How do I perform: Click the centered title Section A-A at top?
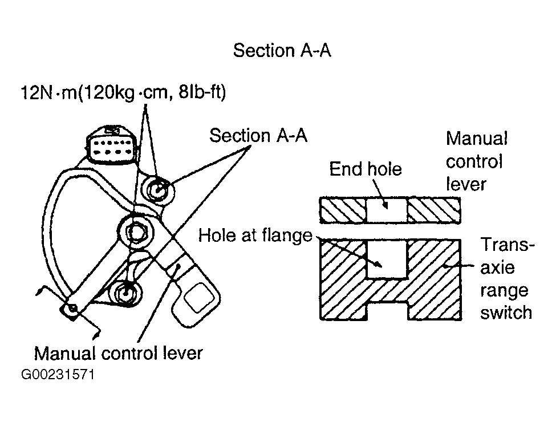282,50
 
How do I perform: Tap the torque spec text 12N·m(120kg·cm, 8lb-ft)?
123,92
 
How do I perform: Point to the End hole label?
365,169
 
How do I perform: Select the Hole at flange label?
255,236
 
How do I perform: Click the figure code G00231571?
58,375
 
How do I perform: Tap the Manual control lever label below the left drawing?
118,353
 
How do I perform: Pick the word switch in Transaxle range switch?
506,313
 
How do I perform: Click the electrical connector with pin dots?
111,146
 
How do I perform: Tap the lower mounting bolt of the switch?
126,293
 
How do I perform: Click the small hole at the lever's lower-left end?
73,308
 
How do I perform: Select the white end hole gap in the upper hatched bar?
387,210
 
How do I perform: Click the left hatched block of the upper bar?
343,210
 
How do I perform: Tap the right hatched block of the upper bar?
434,210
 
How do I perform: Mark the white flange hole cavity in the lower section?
387,259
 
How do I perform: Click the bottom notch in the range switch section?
387,311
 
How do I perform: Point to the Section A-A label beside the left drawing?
258,136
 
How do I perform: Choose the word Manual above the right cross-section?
477,139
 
